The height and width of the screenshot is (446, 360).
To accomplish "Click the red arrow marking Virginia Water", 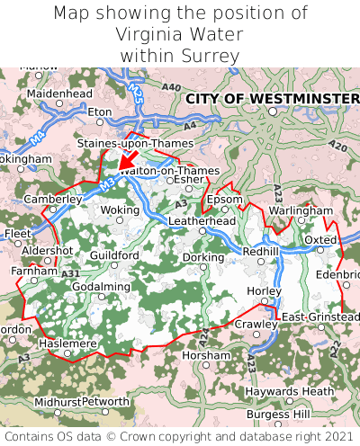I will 129,158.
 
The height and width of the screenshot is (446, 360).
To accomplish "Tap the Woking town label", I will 120,210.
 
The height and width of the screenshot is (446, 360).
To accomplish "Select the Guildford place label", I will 114,255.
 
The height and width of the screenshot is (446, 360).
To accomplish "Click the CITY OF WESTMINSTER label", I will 272,97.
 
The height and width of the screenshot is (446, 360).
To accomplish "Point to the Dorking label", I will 203,257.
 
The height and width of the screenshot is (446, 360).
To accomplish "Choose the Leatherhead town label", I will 202,220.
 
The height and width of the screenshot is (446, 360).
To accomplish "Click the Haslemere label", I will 67,343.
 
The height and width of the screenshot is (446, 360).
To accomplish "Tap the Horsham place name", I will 205,355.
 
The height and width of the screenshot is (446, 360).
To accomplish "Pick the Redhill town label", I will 261,251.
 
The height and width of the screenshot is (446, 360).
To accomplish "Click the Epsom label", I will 224,199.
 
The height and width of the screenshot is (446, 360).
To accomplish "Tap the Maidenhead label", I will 59,93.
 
